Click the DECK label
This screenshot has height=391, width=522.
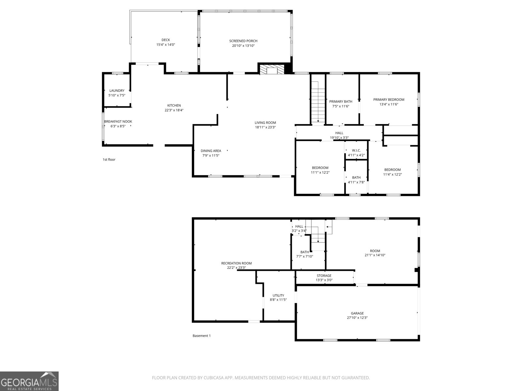166,40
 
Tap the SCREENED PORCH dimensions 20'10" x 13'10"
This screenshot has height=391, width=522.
243,46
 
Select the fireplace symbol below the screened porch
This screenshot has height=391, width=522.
271,70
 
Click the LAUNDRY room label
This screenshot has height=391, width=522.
117,91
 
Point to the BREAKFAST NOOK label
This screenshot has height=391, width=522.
118,122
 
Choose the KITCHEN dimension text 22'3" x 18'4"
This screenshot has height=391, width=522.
174,110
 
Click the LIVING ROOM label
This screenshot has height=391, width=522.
265,123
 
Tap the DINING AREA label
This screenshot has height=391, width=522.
211,151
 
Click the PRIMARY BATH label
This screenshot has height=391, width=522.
341,101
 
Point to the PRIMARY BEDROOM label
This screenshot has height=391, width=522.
389,100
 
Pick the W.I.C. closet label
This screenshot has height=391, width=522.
356,150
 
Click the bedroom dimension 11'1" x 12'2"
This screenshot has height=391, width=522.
320,172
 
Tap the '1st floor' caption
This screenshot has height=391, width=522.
109,160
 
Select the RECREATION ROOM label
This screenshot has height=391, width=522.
236,263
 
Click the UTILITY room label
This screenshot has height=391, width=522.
278,296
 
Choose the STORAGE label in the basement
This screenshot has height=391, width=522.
324,276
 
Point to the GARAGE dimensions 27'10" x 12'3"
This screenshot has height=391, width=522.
357,318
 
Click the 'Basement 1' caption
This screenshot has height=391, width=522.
202,336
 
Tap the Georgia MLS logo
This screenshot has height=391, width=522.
29,381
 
